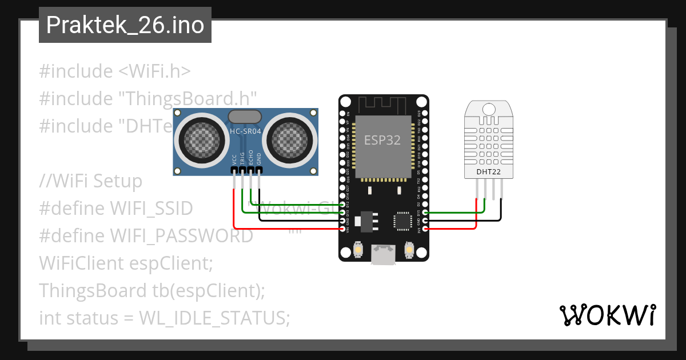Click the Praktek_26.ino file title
coord(125,25)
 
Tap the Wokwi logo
coord(607,315)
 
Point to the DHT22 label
coord(488,171)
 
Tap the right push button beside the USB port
coord(409,250)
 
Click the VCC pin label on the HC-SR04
coord(234,159)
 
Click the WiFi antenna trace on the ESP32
coord(382,105)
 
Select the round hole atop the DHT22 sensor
coord(488,108)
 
